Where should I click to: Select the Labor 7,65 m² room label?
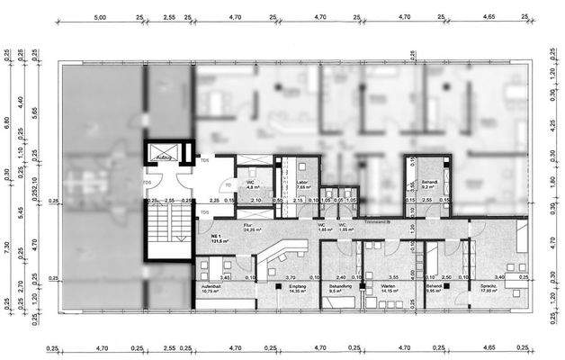click(302, 185)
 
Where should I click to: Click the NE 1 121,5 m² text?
click(215, 239)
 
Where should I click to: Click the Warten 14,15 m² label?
click(390, 290)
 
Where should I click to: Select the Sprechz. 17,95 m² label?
click(514, 290)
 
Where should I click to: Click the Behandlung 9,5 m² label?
click(339, 290)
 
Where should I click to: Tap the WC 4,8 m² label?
click(253, 185)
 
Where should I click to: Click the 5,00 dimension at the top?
click(101, 17)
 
